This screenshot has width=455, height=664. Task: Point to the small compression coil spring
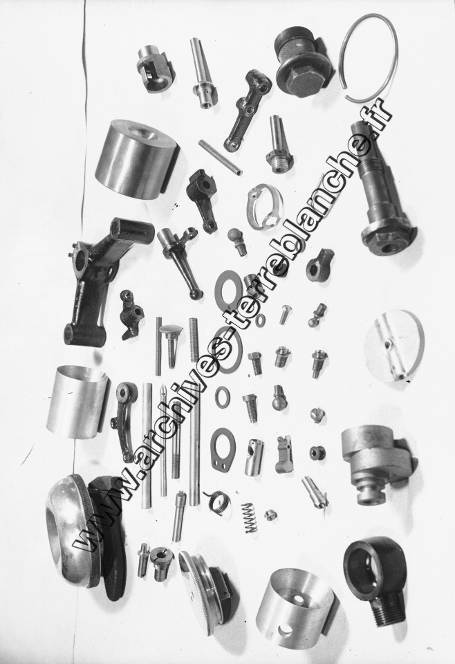252,518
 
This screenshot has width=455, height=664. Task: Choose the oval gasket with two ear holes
222,448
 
